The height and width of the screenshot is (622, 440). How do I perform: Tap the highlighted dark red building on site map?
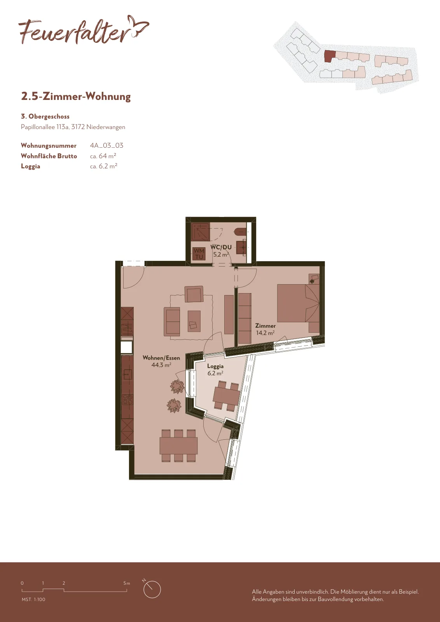tap(330, 56)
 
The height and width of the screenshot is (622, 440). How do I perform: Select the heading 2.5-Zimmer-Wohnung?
tap(76, 96)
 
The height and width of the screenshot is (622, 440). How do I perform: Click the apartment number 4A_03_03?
tap(107, 145)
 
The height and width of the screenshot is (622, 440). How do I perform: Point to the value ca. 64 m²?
tap(103, 156)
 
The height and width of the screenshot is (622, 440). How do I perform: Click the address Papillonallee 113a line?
tap(73, 127)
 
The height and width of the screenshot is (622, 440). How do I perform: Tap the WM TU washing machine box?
tap(199, 254)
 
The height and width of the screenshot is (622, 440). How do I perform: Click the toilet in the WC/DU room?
tap(240, 231)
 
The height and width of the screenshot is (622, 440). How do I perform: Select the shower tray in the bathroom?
tap(201, 232)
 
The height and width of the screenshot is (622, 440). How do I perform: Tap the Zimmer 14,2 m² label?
tap(265, 329)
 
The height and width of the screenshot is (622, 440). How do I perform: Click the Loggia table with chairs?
tap(226, 396)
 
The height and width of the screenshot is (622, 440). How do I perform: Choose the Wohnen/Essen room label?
tap(161, 361)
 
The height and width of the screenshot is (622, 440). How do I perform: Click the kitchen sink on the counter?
tap(127, 374)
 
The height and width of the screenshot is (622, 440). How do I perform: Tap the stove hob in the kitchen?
tap(127, 400)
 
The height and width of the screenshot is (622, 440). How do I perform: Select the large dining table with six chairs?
tap(178, 446)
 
